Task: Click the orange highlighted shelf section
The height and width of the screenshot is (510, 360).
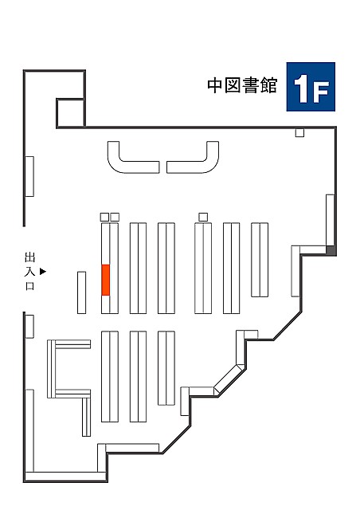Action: [x=105, y=280]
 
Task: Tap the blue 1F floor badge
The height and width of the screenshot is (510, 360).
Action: [x=311, y=87]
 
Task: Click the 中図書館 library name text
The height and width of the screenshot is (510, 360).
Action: [x=242, y=85]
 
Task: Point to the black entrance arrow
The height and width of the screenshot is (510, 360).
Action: [x=43, y=271]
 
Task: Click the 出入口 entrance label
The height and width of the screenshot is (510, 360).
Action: [x=30, y=272]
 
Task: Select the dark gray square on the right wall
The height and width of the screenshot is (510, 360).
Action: [x=331, y=250]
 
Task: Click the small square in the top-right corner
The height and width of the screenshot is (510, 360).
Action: [x=299, y=133]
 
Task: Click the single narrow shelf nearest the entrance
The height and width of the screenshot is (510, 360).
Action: [x=81, y=292]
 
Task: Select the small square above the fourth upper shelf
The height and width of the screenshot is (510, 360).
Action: [x=203, y=217]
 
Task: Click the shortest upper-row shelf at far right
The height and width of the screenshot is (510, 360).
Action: [x=260, y=260]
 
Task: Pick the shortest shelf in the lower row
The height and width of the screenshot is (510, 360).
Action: [x=166, y=368]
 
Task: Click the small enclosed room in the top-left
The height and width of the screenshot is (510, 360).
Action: [x=71, y=112]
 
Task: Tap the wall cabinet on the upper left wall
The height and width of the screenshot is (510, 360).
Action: [x=29, y=176]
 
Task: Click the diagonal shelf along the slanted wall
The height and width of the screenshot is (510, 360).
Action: [x=229, y=379]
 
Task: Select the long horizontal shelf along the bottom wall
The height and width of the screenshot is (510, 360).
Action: [x=132, y=448]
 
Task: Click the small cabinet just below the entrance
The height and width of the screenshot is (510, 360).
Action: [x=29, y=326]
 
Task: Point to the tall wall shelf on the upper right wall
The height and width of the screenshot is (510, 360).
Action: [x=331, y=220]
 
